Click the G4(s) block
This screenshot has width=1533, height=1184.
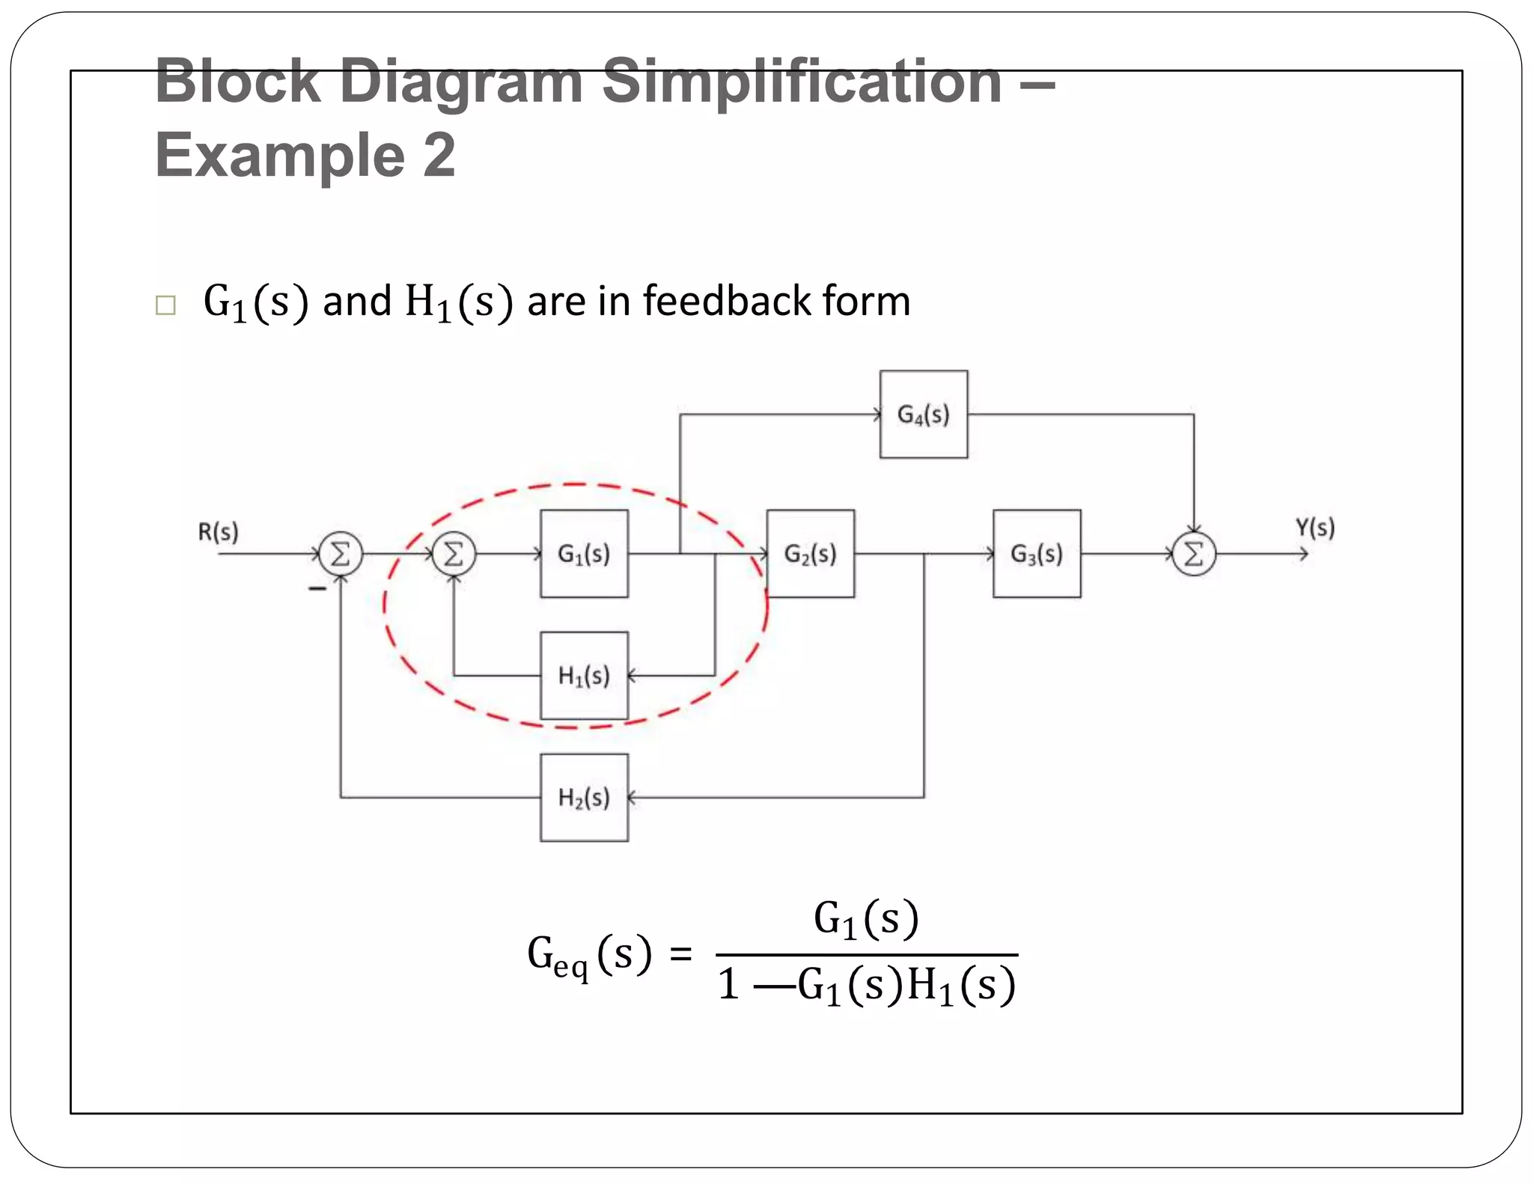(923, 414)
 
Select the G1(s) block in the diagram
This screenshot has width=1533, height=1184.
(584, 554)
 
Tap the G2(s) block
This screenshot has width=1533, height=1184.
(810, 554)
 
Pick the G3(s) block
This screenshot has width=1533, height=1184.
(1037, 554)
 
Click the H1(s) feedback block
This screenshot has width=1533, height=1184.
(584, 676)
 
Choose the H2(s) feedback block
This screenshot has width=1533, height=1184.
(584, 798)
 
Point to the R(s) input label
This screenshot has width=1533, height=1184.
(218, 532)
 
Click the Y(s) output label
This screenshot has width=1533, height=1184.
(1314, 528)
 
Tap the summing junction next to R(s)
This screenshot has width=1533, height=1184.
(341, 555)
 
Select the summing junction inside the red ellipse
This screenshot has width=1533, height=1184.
(454, 555)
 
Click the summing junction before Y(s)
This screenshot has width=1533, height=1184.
(1194, 555)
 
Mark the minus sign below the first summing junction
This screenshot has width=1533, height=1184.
(317, 589)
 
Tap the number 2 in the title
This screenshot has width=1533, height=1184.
(439, 155)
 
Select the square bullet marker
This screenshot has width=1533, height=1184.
(165, 305)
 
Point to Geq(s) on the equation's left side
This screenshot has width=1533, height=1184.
(589, 956)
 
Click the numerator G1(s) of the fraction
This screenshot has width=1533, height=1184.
(866, 919)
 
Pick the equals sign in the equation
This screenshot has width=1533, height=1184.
(680, 955)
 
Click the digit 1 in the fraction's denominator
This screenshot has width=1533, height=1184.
(728, 984)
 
